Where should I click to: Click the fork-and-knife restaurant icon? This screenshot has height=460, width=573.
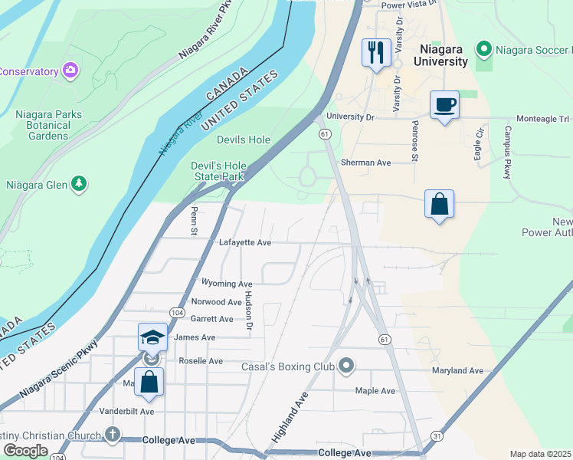pos(375,53)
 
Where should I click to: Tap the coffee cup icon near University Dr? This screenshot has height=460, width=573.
pos(444,105)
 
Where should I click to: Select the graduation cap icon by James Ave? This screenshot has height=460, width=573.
pos(152,337)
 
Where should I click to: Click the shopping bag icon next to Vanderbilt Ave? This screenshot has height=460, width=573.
pos(149,381)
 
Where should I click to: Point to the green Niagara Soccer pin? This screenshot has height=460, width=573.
pos(484,50)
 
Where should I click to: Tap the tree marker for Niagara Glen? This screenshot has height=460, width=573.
pos(78,184)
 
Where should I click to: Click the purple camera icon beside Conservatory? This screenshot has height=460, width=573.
pos(71,71)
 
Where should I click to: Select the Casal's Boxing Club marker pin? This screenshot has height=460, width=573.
pos(346,366)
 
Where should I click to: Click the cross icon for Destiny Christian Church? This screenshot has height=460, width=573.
pos(113,435)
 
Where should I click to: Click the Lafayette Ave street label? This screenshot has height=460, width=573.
pos(245,242)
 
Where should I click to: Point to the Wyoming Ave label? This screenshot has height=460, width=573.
pos(226,284)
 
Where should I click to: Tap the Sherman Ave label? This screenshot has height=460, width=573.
pos(365,163)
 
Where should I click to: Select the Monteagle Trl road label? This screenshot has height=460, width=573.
pos(542,120)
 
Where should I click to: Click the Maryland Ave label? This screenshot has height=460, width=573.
pos(457,371)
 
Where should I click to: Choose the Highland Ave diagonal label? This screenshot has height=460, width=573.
pos(290,418)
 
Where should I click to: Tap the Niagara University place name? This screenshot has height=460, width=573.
pos(438,55)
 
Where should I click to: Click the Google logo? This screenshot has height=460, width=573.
pos(25,451)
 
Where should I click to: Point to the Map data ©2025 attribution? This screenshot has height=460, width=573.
pos(540,454)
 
